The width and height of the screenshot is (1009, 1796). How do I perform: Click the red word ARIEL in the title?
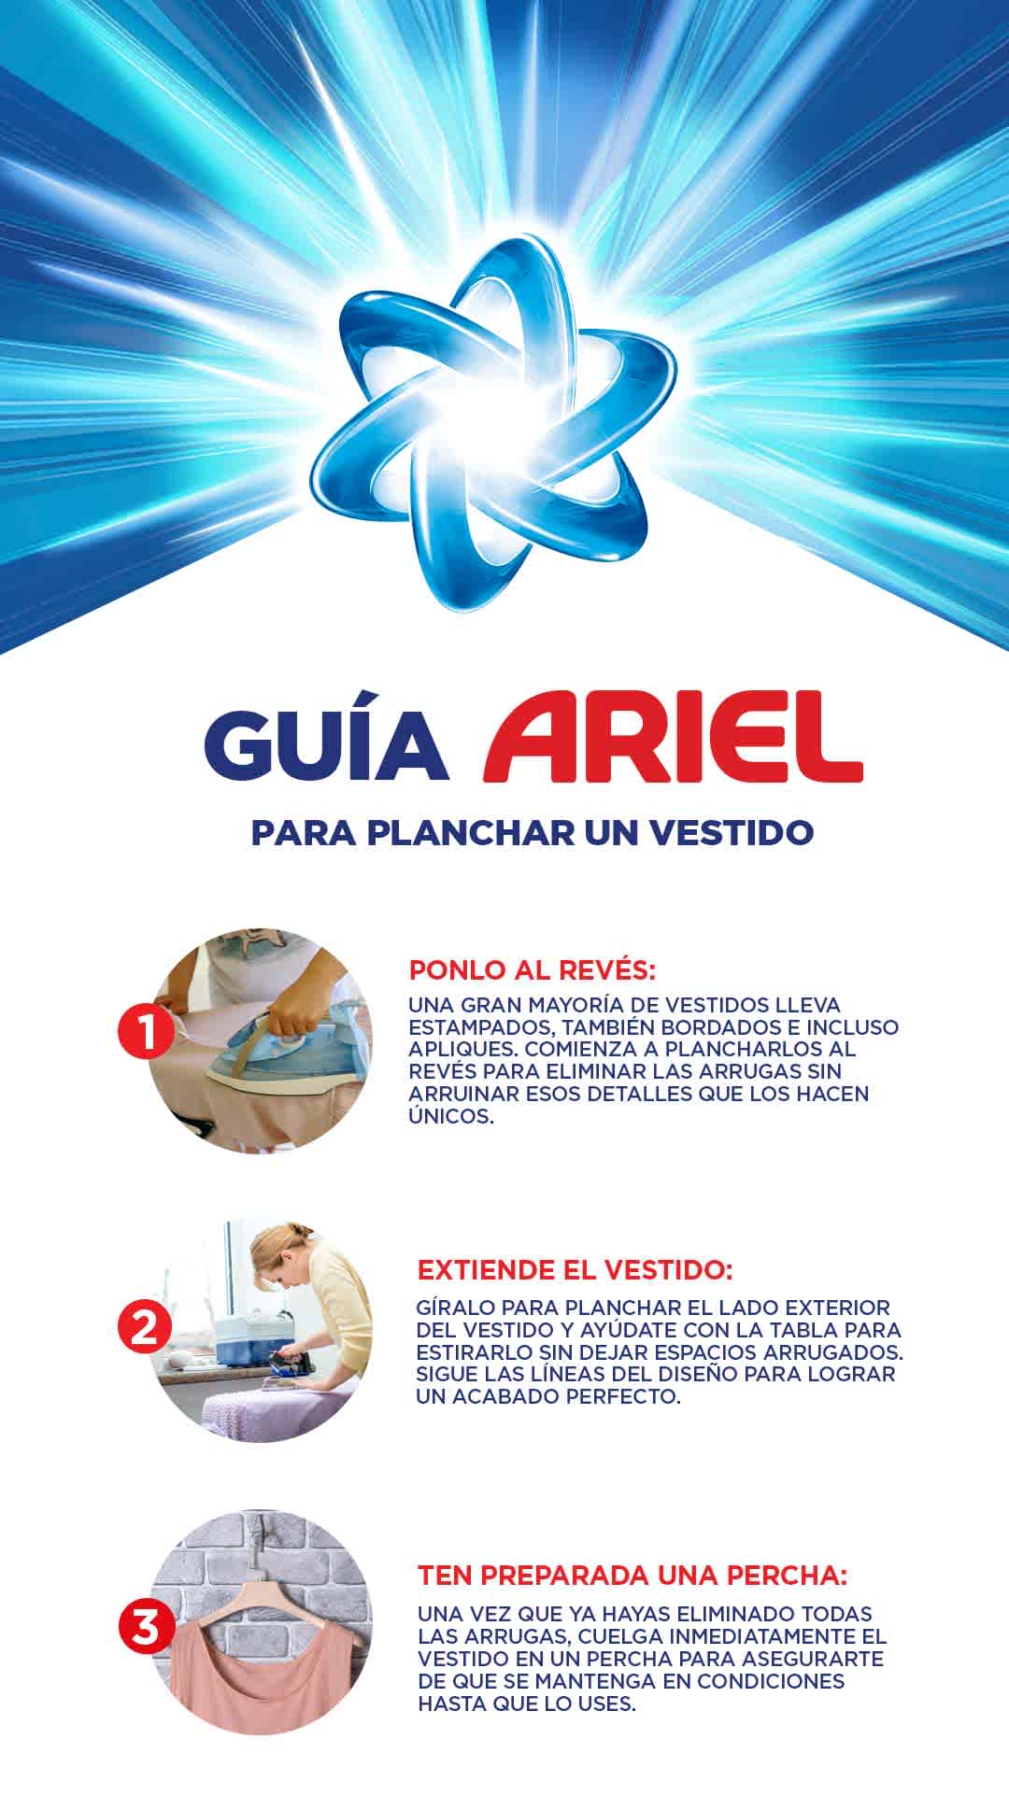click(x=673, y=738)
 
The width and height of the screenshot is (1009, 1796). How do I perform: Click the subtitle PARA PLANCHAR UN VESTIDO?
click(x=532, y=832)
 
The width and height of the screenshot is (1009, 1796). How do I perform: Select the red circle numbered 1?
click(x=145, y=1031)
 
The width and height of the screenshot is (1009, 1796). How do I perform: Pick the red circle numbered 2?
click(x=145, y=1327)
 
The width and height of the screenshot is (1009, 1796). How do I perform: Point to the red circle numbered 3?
click(x=146, y=1627)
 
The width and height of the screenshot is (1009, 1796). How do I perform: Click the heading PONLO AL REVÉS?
click(x=533, y=969)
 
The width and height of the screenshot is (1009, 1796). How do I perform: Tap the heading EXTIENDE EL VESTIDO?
click(x=575, y=1270)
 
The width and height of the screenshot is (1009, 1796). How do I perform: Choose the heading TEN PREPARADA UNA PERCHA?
click(x=632, y=1575)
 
